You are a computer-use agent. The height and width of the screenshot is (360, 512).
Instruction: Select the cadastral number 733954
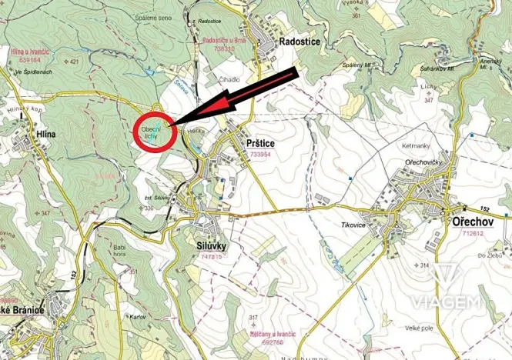tap(261, 155)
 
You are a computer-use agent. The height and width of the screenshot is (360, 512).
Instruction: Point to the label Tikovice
tap(333, 224)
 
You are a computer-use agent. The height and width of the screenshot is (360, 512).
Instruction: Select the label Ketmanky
tap(413, 145)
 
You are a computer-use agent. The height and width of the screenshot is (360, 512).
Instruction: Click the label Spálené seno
tap(154, 18)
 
